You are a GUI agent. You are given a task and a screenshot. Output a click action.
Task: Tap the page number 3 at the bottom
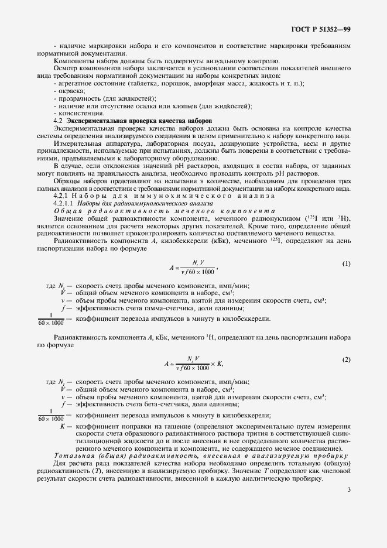pyautogui.click(x=348, y=499)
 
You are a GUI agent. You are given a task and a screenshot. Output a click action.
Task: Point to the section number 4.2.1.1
pyautogui.click(x=65, y=203)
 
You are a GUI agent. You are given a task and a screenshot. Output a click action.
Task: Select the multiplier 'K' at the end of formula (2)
pyautogui.click(x=220, y=364)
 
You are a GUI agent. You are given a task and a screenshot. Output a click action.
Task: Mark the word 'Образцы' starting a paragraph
pyautogui.click(x=68, y=181)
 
